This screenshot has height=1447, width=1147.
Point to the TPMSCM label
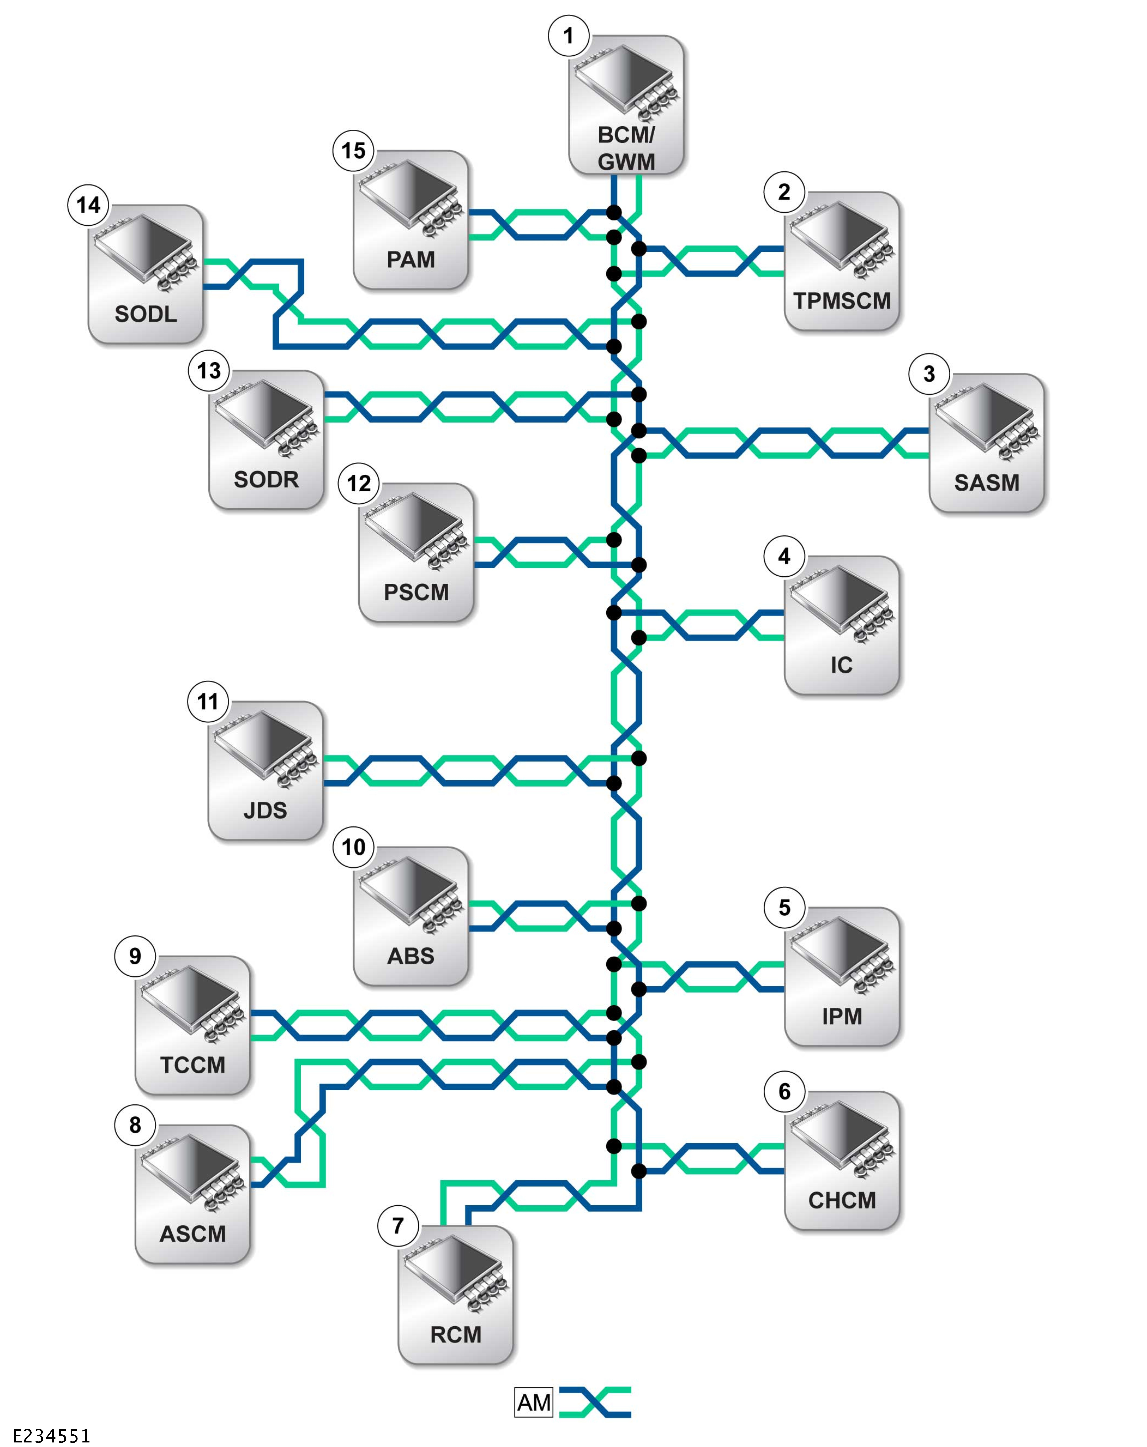pos(842,301)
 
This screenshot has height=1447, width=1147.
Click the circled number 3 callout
pos(929,374)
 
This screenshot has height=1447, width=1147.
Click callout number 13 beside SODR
pos(209,370)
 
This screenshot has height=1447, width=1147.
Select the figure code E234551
pos(52,1436)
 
